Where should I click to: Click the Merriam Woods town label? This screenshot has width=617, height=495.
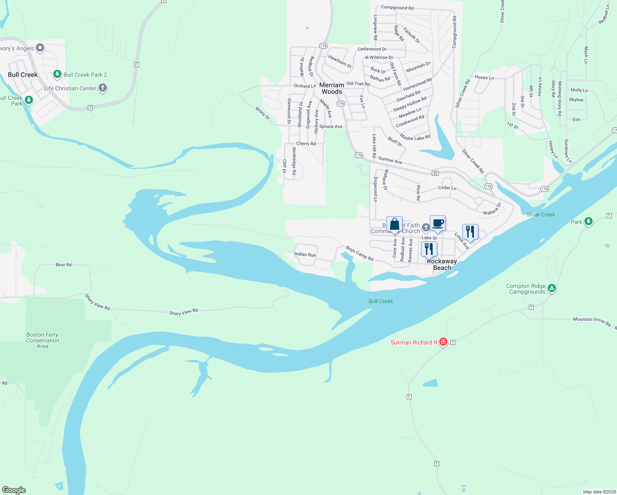[x=332, y=88]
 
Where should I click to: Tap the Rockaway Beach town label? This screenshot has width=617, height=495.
[x=442, y=264]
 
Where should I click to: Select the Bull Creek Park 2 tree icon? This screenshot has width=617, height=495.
[x=57, y=75]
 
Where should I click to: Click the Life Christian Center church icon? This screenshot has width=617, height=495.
[x=103, y=88]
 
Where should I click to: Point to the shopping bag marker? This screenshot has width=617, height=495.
[x=394, y=224]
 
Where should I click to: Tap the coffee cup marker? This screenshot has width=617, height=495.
[x=438, y=223]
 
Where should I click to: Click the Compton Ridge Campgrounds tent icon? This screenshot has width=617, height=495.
[x=552, y=288]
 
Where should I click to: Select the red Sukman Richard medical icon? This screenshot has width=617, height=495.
[x=443, y=342]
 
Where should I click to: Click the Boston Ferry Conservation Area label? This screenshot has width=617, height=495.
[x=42, y=340]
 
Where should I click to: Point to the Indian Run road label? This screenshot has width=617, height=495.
[x=305, y=255]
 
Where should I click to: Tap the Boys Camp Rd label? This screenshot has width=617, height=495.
[x=359, y=253]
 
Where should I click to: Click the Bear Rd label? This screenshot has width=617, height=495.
[x=64, y=265]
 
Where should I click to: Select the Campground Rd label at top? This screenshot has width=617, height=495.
[x=397, y=8]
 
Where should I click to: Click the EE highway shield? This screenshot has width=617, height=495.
[x=435, y=173]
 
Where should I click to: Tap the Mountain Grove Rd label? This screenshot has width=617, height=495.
[x=592, y=321]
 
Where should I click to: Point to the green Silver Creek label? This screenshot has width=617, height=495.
[x=541, y=214]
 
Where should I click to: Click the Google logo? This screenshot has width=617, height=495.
[x=14, y=490]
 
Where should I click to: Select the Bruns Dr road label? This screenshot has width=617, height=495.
[x=262, y=113]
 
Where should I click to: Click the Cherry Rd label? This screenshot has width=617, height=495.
[x=306, y=144]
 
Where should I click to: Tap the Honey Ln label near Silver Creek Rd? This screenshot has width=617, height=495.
[x=484, y=78]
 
